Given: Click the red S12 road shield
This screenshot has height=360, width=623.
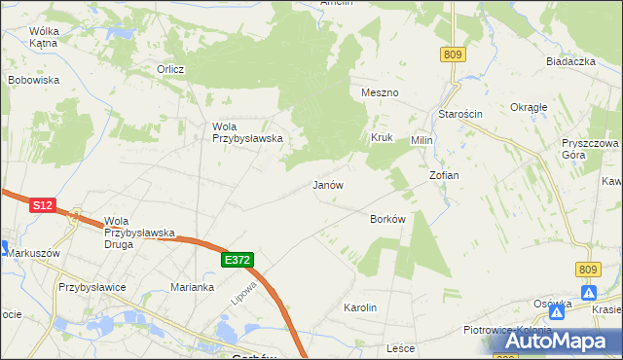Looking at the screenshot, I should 41,205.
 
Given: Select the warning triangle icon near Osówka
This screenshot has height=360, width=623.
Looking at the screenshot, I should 589,292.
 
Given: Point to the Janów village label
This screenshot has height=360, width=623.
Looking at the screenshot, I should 328,184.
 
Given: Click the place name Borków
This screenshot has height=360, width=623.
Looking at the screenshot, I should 387,219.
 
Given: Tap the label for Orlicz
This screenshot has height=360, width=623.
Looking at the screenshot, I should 171,69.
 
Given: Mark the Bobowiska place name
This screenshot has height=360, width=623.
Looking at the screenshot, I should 34,80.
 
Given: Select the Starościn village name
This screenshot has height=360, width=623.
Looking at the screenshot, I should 460,114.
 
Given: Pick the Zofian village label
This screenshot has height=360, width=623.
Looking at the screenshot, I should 444,175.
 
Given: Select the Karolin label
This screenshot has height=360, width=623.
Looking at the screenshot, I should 360,307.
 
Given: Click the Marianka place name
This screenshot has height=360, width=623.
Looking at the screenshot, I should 192,287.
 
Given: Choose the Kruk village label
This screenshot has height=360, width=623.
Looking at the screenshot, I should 381,138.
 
